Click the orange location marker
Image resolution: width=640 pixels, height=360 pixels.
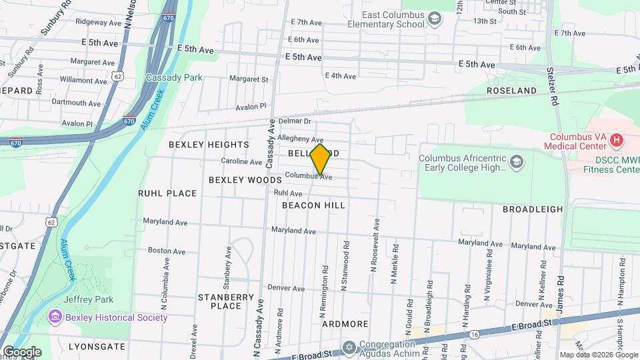pyautogui.click(x=320, y=159)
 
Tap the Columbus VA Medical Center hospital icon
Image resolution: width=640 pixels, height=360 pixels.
pyautogui.click(x=617, y=140)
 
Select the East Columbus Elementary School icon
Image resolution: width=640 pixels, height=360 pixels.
pyautogui.click(x=435, y=17)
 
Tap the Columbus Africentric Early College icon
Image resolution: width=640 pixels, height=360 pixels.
pyautogui.click(x=518, y=161)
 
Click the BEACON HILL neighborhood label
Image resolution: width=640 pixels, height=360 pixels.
pyautogui.click(x=313, y=205)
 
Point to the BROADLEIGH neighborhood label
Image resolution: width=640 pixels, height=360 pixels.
pyautogui.click(x=533, y=209)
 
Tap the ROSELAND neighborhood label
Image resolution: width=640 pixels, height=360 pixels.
pyautogui.click(x=511, y=90)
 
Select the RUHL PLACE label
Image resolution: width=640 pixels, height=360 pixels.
pyautogui.click(x=167, y=193)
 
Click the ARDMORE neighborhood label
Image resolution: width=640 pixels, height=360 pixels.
pyautogui.click(x=345, y=324)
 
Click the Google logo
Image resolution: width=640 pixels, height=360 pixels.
pyautogui.click(x=22, y=351)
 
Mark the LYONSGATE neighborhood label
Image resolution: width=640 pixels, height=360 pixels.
pyautogui.click(x=97, y=347)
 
